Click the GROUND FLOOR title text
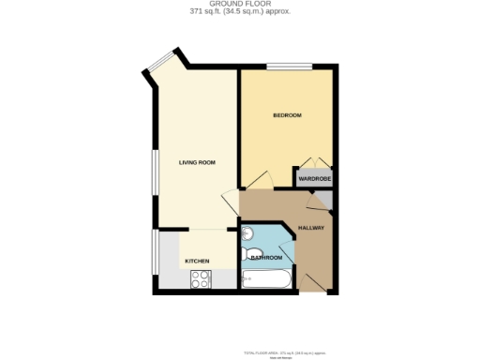point(239,4)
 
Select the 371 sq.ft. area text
point(239,12)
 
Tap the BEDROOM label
point(287,115)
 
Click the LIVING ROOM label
point(197,163)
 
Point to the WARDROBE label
point(314,178)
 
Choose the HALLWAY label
point(310,228)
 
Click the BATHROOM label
point(266,257)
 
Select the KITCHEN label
point(196,261)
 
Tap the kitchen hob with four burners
point(201,278)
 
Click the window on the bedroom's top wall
point(280,67)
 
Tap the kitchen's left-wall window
point(155,257)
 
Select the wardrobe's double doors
point(313,162)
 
